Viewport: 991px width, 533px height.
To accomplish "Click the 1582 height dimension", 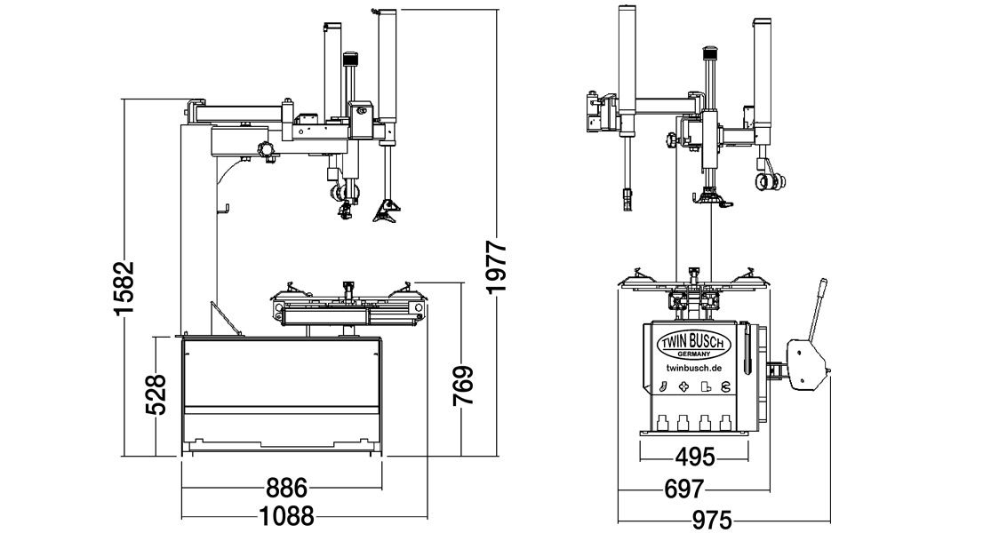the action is pos(124,286).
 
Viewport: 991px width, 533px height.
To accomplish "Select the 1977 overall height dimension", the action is pos(497,266).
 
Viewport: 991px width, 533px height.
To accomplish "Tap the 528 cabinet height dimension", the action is pos(156,394).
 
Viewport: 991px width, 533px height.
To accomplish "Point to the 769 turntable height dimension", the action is pos(463,386).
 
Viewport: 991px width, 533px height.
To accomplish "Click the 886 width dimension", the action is pos(286,489).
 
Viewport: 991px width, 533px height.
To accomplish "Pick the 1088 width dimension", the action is pos(287,517).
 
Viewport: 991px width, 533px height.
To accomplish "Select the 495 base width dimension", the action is pos(694,457).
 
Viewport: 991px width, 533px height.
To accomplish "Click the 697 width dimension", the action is pos(683,489).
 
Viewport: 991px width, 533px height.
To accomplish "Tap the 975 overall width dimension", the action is pos(712,521).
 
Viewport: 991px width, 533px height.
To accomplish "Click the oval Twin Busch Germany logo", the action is pos(694,345).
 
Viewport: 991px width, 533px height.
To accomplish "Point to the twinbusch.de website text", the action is pos(694,368).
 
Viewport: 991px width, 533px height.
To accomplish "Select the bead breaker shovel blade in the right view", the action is pos(807,363).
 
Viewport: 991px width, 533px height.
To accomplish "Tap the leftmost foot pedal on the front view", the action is pos(663,422).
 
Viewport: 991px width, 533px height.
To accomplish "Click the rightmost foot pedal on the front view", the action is pos(725,422).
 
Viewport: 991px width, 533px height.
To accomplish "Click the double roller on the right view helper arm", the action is pos(771,182).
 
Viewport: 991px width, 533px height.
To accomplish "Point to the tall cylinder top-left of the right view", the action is pos(627,69).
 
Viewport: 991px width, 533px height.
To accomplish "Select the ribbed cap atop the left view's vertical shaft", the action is pos(350,59).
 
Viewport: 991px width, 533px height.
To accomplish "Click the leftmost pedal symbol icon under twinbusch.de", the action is pos(663,387).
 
